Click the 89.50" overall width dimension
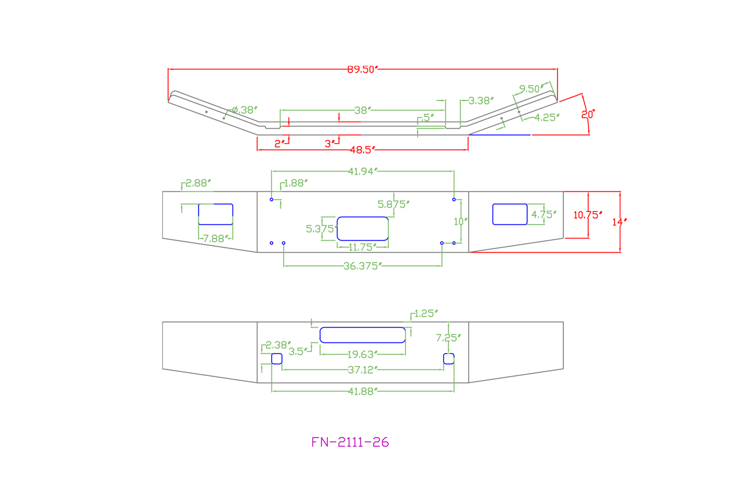tap(362, 69)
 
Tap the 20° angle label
tap(588, 115)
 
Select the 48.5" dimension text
tap(362, 150)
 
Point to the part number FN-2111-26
tap(350, 442)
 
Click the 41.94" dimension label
tap(362, 172)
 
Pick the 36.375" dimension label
tap(362, 266)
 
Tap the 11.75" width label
tap(362, 247)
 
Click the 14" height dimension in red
tap(619, 222)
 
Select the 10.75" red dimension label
tap(587, 215)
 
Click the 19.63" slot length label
tap(362, 354)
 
